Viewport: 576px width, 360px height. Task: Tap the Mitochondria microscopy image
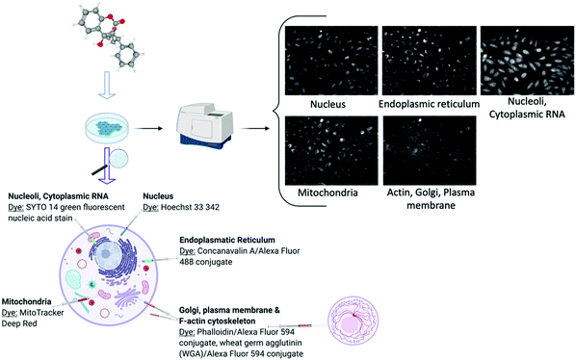coord(327,146)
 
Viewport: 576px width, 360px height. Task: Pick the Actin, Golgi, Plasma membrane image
coord(424,146)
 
